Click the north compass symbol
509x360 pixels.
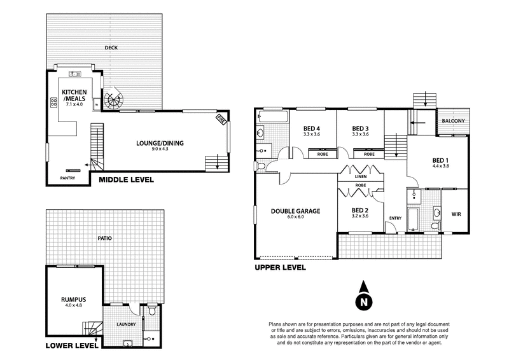[x=363, y=300]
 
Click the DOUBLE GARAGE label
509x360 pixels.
[x=295, y=212]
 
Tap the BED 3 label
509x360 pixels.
[x=361, y=127]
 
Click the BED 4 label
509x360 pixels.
[x=310, y=127]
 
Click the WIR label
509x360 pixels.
[x=456, y=214]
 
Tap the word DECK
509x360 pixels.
[x=112, y=48]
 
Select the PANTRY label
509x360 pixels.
[x=67, y=178]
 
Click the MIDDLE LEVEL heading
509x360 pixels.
[x=125, y=180]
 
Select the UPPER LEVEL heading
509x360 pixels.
[x=280, y=268]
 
